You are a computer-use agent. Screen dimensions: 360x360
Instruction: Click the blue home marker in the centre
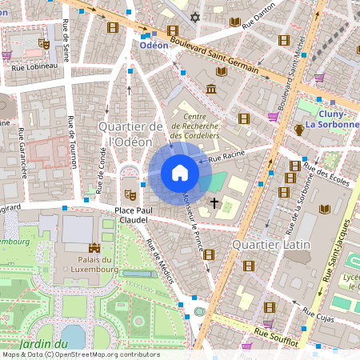[x=179, y=173]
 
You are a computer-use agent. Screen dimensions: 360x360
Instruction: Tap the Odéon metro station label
[x=154, y=46]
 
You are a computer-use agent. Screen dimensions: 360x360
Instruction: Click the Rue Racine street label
[x=226, y=158]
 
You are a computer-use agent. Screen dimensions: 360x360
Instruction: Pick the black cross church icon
[x=214, y=203]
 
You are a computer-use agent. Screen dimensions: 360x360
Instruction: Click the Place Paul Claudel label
[x=129, y=215]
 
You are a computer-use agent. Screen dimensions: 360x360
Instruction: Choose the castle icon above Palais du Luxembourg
[x=94, y=248]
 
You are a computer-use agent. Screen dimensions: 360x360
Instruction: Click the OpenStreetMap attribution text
[x=80, y=354]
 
